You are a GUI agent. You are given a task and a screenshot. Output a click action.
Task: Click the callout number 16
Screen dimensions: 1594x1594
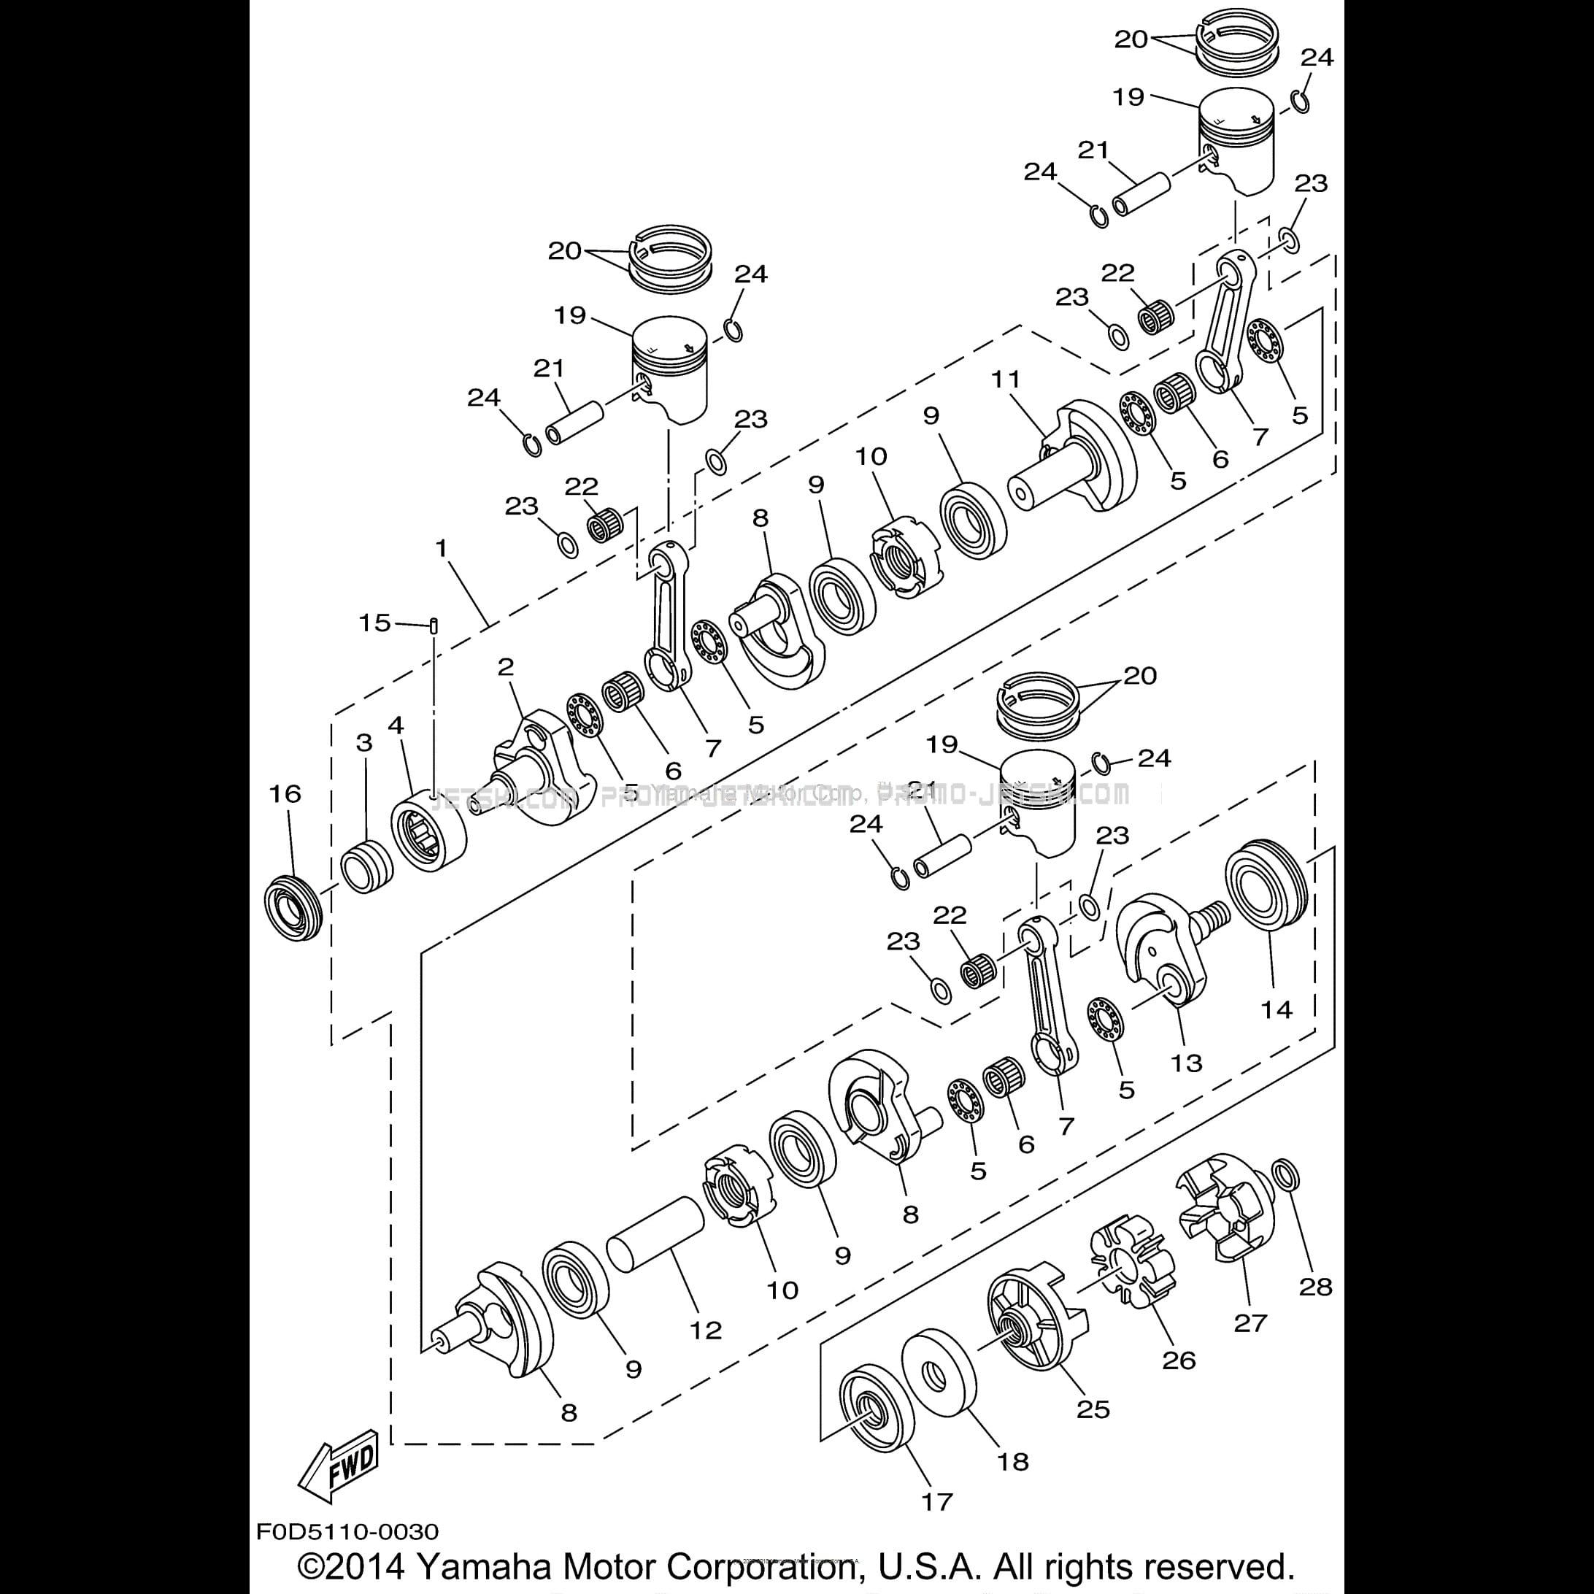click(x=285, y=793)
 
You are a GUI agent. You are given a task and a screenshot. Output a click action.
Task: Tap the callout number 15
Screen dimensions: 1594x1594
click(x=374, y=623)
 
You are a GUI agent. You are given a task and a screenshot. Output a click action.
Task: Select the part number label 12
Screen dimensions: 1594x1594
click(x=706, y=1329)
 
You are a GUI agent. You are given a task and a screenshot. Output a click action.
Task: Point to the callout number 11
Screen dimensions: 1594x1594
click(x=1006, y=379)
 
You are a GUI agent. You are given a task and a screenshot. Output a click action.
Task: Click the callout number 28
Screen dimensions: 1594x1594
click(x=1315, y=1286)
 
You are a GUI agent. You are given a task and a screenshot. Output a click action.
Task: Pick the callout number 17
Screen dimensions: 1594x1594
click(x=936, y=1501)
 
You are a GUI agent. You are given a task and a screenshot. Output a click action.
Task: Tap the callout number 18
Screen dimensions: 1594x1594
click(x=1013, y=1461)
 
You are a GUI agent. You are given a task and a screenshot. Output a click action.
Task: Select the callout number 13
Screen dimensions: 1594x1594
click(x=1187, y=1063)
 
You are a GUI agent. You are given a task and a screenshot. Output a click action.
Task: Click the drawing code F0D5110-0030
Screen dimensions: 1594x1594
click(x=347, y=1532)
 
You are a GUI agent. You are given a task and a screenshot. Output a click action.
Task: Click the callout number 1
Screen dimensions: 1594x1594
click(x=442, y=549)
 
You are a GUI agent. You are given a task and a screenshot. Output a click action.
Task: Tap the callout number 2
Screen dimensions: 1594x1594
click(x=505, y=666)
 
